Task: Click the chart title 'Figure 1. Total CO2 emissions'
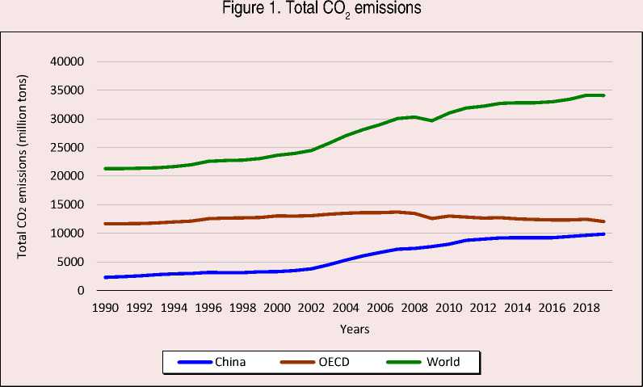pyautogui.click(x=321, y=10)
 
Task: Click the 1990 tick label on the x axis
pyautogui.click(x=105, y=308)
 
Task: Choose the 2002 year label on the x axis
pyautogui.click(x=311, y=308)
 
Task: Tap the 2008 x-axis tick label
pyautogui.click(x=414, y=308)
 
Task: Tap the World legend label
pyautogui.click(x=444, y=362)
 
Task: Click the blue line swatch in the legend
pyautogui.click(x=194, y=362)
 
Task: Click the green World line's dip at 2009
pyautogui.click(x=431, y=120)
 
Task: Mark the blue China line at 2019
pyautogui.click(x=603, y=234)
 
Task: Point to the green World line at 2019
pyautogui.click(x=603, y=95)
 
